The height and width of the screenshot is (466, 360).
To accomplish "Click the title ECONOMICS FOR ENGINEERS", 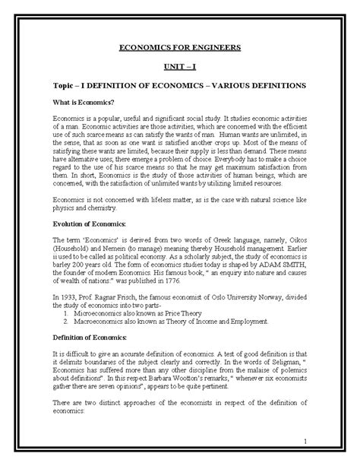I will pos(181,48).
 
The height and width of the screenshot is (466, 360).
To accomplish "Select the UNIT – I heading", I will pos(181,67).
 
